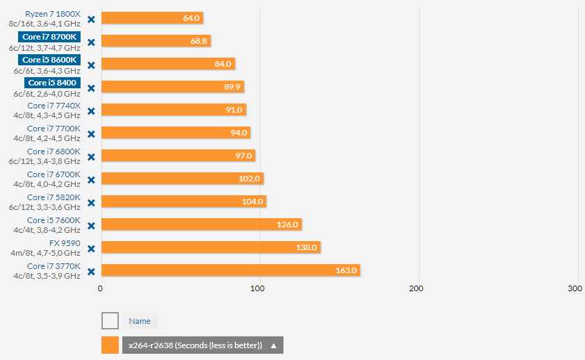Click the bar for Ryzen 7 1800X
pos(151,18)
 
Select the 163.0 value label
pos(345,270)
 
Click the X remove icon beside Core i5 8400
pos(91,87)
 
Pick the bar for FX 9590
pos(210,247)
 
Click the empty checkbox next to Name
pos(110,320)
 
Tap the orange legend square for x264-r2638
pos(110,345)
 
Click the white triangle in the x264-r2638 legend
pos(274,345)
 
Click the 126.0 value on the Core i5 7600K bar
pos(287,224)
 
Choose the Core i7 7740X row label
pos(54,106)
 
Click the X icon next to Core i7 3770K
pos(91,270)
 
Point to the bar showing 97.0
pos(177,156)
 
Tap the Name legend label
pos(140,321)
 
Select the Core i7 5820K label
pos(54,197)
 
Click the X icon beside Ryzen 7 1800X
pos(91,18)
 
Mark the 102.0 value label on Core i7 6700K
pos(249,179)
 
